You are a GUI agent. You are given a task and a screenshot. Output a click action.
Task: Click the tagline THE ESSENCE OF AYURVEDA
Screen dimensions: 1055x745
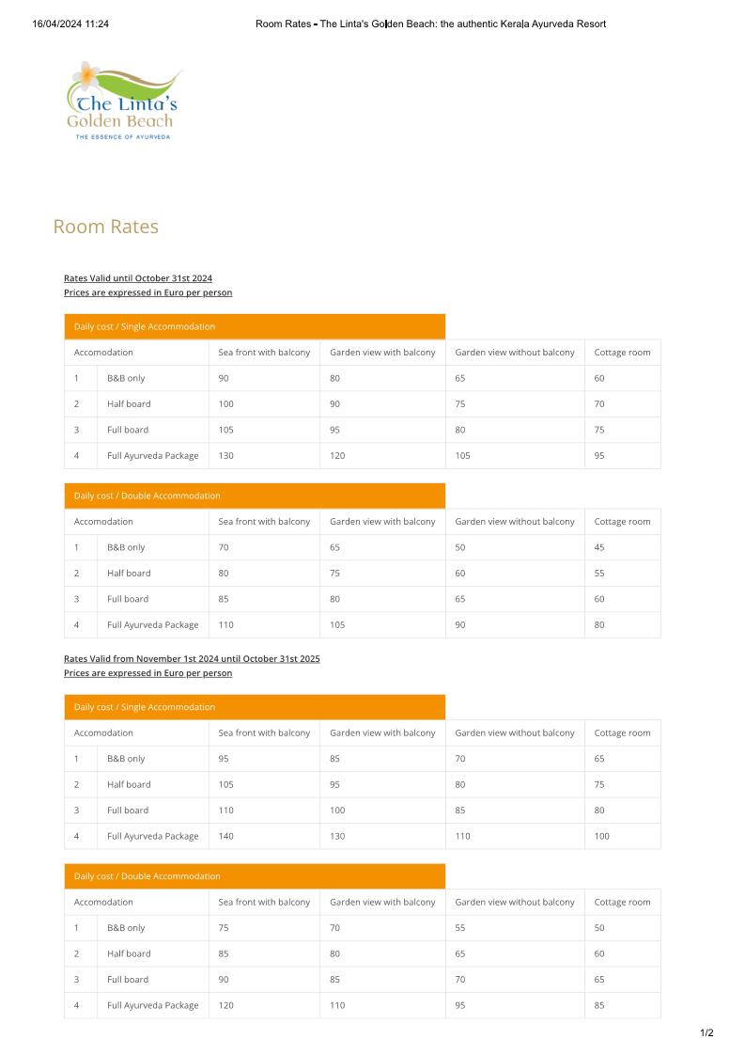tap(122, 137)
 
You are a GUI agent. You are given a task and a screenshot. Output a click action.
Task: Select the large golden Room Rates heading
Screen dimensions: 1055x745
tap(105, 227)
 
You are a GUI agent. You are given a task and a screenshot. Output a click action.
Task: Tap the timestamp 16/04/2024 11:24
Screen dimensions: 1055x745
tap(70, 24)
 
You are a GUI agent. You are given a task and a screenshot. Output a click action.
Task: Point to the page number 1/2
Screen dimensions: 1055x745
tap(706, 1033)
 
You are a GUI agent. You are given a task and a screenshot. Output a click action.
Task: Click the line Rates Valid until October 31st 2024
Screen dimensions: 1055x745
tap(138, 278)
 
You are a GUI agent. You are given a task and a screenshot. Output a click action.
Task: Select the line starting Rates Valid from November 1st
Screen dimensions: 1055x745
tap(192, 658)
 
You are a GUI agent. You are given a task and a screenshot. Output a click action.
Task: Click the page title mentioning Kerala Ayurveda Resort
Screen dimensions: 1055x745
tap(430, 24)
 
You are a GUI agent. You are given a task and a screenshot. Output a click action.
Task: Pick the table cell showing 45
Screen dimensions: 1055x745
tap(599, 547)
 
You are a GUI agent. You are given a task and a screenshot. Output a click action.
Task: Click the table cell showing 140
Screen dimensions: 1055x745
tap(226, 836)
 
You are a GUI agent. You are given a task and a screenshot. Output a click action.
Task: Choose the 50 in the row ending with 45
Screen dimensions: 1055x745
tap(460, 547)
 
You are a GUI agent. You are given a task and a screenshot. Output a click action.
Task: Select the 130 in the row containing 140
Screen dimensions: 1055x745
tap(337, 836)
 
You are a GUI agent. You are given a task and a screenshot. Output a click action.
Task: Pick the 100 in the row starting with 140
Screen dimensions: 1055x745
tap(601, 836)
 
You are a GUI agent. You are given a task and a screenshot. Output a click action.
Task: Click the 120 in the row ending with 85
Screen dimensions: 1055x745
tap(226, 1005)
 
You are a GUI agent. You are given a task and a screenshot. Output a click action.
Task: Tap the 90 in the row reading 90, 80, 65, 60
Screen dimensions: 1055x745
tap(224, 378)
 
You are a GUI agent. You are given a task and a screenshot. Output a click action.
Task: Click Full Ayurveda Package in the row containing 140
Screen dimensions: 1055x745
tap(152, 836)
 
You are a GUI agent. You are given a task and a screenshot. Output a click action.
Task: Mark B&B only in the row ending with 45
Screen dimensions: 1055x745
tap(126, 547)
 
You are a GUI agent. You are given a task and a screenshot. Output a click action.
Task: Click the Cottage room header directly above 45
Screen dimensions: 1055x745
tap(622, 522)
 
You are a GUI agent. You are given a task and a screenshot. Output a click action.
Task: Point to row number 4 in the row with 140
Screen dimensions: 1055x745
tap(76, 836)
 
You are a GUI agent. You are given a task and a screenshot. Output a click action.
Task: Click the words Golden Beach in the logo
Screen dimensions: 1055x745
tap(120, 121)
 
